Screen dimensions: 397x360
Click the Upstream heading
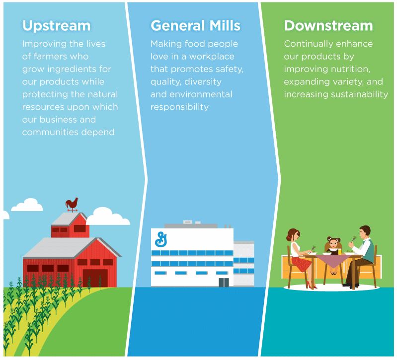(x=56, y=26)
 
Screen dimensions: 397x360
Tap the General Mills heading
(x=195, y=25)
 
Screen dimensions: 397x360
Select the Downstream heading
(x=328, y=25)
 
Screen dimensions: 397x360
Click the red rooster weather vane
(x=72, y=205)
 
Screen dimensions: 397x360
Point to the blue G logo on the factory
(x=161, y=239)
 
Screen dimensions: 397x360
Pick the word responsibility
(x=179, y=107)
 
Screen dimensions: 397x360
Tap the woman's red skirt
(x=301, y=264)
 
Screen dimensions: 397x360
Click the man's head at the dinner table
(x=364, y=232)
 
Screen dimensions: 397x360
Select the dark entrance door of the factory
(x=224, y=283)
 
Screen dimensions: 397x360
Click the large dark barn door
(x=95, y=278)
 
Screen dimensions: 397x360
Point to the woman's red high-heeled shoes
(x=311, y=285)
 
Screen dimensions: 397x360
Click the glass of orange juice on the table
(x=340, y=251)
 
